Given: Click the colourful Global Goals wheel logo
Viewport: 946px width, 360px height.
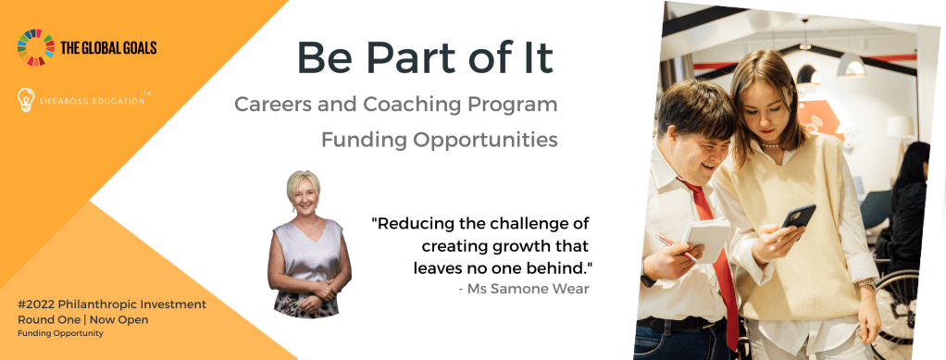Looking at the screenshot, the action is pyautogui.click(x=35, y=47).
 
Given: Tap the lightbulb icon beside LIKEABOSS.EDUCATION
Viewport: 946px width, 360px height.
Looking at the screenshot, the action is pyautogui.click(x=26, y=100).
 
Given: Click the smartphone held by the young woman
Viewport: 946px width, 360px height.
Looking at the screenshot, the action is pyautogui.click(x=798, y=217).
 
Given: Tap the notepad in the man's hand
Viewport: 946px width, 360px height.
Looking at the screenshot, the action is pyautogui.click(x=706, y=239).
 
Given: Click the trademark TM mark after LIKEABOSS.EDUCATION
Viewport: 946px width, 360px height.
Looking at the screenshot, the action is pyautogui.click(x=147, y=93).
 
